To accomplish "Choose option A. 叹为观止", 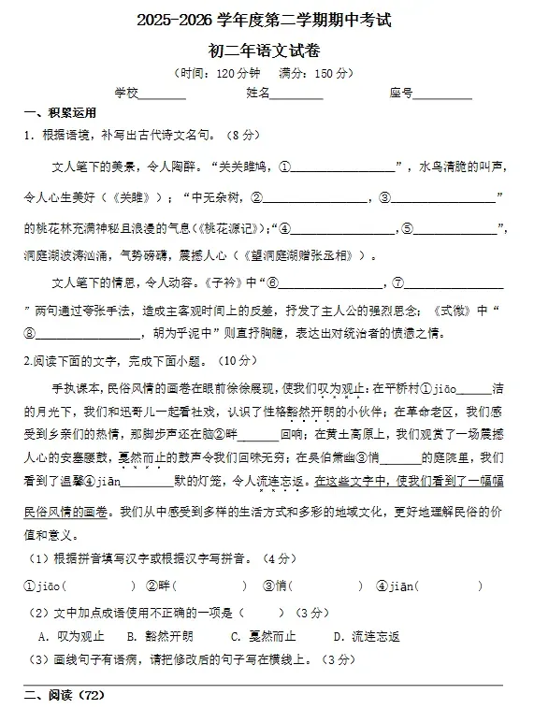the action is coord(71,636).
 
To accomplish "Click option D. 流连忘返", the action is coord(367,636).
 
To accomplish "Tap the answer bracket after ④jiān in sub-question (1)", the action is coord(449,586).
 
